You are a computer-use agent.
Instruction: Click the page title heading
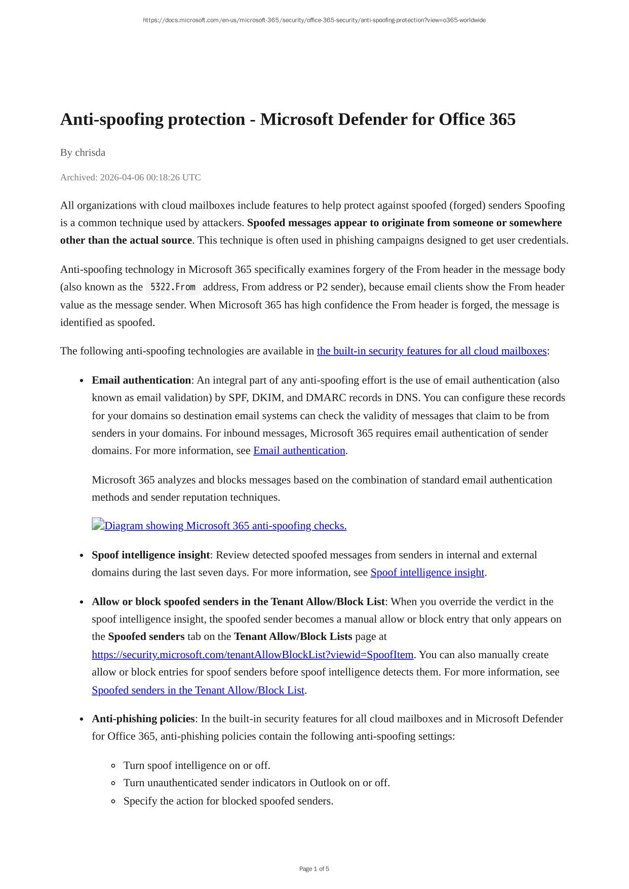click(288, 119)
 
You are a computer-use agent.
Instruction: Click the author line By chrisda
click(83, 152)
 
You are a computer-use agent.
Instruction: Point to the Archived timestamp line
click(130, 177)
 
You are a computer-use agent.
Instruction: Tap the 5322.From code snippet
click(173, 287)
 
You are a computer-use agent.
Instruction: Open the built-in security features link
click(431, 351)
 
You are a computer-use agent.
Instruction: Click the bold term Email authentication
click(141, 380)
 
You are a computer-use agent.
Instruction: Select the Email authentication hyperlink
click(299, 451)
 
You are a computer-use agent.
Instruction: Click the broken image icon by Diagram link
click(98, 524)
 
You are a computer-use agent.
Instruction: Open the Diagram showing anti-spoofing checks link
click(225, 526)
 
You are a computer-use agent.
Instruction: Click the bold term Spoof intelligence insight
click(150, 555)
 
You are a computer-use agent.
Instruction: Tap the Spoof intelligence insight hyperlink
click(427, 573)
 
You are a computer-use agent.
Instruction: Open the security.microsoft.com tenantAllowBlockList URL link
click(252, 655)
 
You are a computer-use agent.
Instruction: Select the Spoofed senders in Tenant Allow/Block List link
click(198, 690)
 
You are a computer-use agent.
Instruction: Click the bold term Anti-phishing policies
click(143, 719)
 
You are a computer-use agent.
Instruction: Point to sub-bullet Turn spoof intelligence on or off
click(196, 765)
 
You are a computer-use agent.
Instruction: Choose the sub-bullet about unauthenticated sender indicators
click(256, 783)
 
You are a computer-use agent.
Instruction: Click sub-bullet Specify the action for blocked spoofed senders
click(228, 801)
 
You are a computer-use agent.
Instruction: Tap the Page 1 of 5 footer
click(314, 869)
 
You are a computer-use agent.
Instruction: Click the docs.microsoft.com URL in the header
click(314, 20)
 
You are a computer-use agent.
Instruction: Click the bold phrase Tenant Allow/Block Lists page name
click(293, 636)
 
